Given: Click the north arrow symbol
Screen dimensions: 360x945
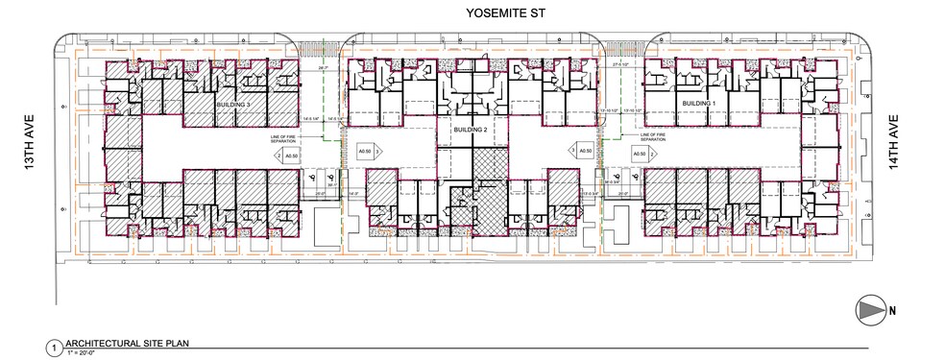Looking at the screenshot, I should pos(870,309).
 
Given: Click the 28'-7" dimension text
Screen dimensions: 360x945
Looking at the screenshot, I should pos(323,68).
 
